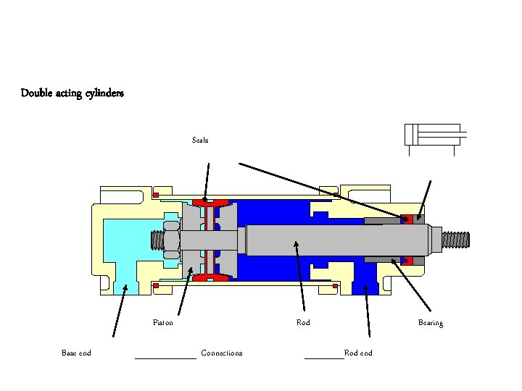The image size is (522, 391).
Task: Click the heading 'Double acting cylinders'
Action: (x=72, y=93)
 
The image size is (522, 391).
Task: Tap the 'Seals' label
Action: (x=200, y=140)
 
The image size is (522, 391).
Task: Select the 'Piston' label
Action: (x=163, y=322)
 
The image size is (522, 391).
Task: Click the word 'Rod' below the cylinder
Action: (x=303, y=322)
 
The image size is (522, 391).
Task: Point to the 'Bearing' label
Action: (x=431, y=322)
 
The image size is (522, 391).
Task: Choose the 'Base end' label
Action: (x=76, y=353)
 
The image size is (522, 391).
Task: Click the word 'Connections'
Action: (x=221, y=353)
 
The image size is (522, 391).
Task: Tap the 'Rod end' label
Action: (x=358, y=353)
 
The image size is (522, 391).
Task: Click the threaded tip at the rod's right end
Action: (x=455, y=238)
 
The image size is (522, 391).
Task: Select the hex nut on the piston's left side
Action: (x=172, y=240)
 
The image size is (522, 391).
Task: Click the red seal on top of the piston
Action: (x=210, y=202)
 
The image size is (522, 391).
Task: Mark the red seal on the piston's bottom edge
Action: (x=210, y=277)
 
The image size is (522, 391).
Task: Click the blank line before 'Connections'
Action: (x=166, y=355)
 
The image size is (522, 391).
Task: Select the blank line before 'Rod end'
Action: (x=324, y=355)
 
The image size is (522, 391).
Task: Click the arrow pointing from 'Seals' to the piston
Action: (x=207, y=181)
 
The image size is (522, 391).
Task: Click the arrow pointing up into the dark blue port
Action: (x=368, y=311)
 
